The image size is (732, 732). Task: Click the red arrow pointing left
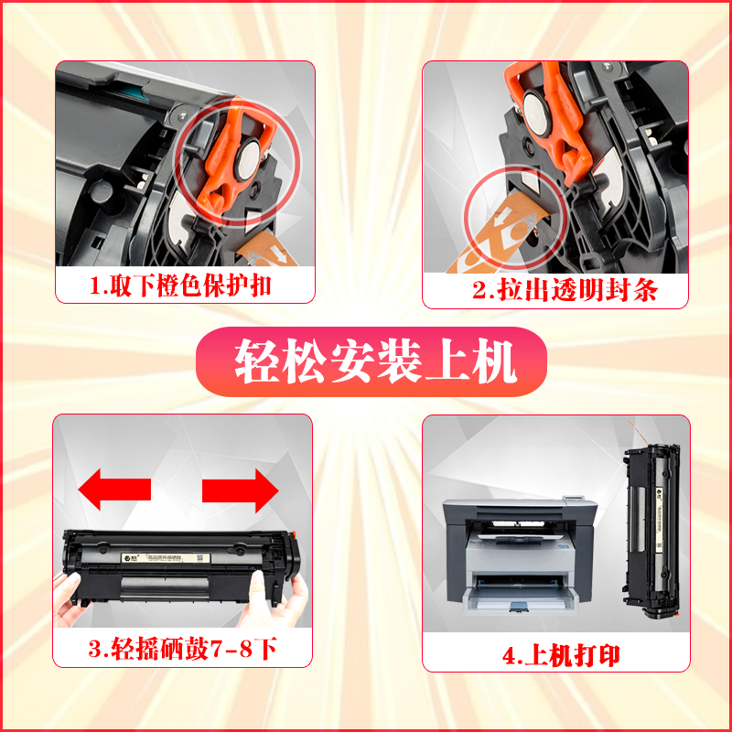tap(113, 490)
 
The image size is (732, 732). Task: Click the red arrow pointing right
tap(240, 490)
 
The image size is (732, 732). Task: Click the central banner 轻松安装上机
tap(375, 362)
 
